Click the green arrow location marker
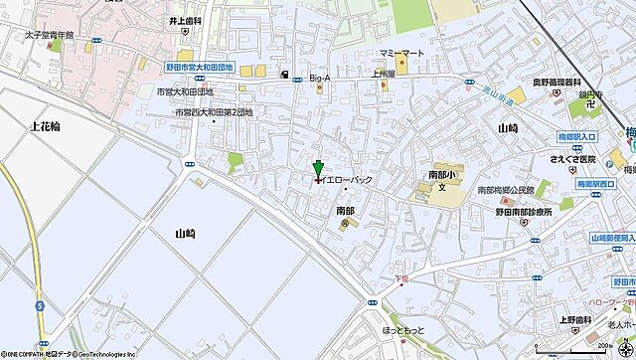click(318, 169)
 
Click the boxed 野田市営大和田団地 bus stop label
click(200, 67)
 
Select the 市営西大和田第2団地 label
click(215, 112)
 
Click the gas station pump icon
click(285, 75)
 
